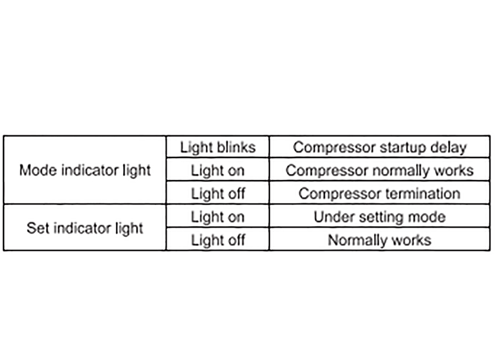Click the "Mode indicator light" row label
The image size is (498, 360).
85,170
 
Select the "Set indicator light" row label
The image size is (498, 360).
85,228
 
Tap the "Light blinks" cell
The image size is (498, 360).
218,147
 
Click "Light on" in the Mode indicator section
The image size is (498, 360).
218,171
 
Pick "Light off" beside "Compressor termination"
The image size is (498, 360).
218,194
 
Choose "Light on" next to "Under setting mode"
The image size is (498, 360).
218,217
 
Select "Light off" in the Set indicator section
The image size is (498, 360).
218,240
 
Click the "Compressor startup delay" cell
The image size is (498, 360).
380,147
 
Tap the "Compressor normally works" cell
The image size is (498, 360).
380,171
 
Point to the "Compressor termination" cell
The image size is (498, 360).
379,194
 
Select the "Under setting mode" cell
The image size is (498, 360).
380,217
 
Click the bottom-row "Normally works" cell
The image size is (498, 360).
379,240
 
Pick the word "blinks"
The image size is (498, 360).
236,147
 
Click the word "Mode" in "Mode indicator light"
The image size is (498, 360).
38,170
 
